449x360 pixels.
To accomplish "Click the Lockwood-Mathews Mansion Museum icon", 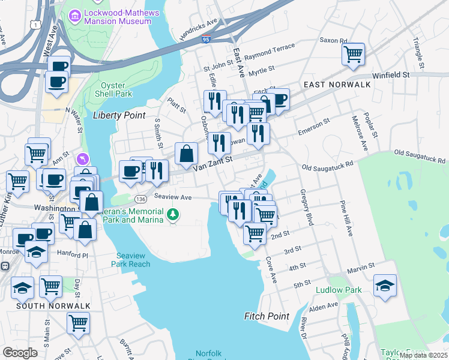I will point(75,14).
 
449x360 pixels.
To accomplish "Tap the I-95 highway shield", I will point(205,40).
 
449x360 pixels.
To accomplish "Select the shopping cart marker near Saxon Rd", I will point(354,55).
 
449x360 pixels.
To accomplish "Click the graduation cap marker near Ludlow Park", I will point(385,286).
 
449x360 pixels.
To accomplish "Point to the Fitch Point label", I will point(267,316).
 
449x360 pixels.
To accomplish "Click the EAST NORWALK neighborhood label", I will point(337,85).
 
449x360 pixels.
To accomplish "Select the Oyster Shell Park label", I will point(115,89).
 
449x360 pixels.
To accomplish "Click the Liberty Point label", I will point(119,115).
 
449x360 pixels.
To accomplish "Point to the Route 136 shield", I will point(141,199).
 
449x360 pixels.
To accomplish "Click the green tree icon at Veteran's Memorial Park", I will point(173,214).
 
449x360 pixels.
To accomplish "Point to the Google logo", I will point(20,353).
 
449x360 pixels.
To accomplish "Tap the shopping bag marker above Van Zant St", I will point(187,154).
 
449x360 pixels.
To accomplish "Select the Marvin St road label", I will point(360,265).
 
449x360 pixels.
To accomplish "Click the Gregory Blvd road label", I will point(307,208).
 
